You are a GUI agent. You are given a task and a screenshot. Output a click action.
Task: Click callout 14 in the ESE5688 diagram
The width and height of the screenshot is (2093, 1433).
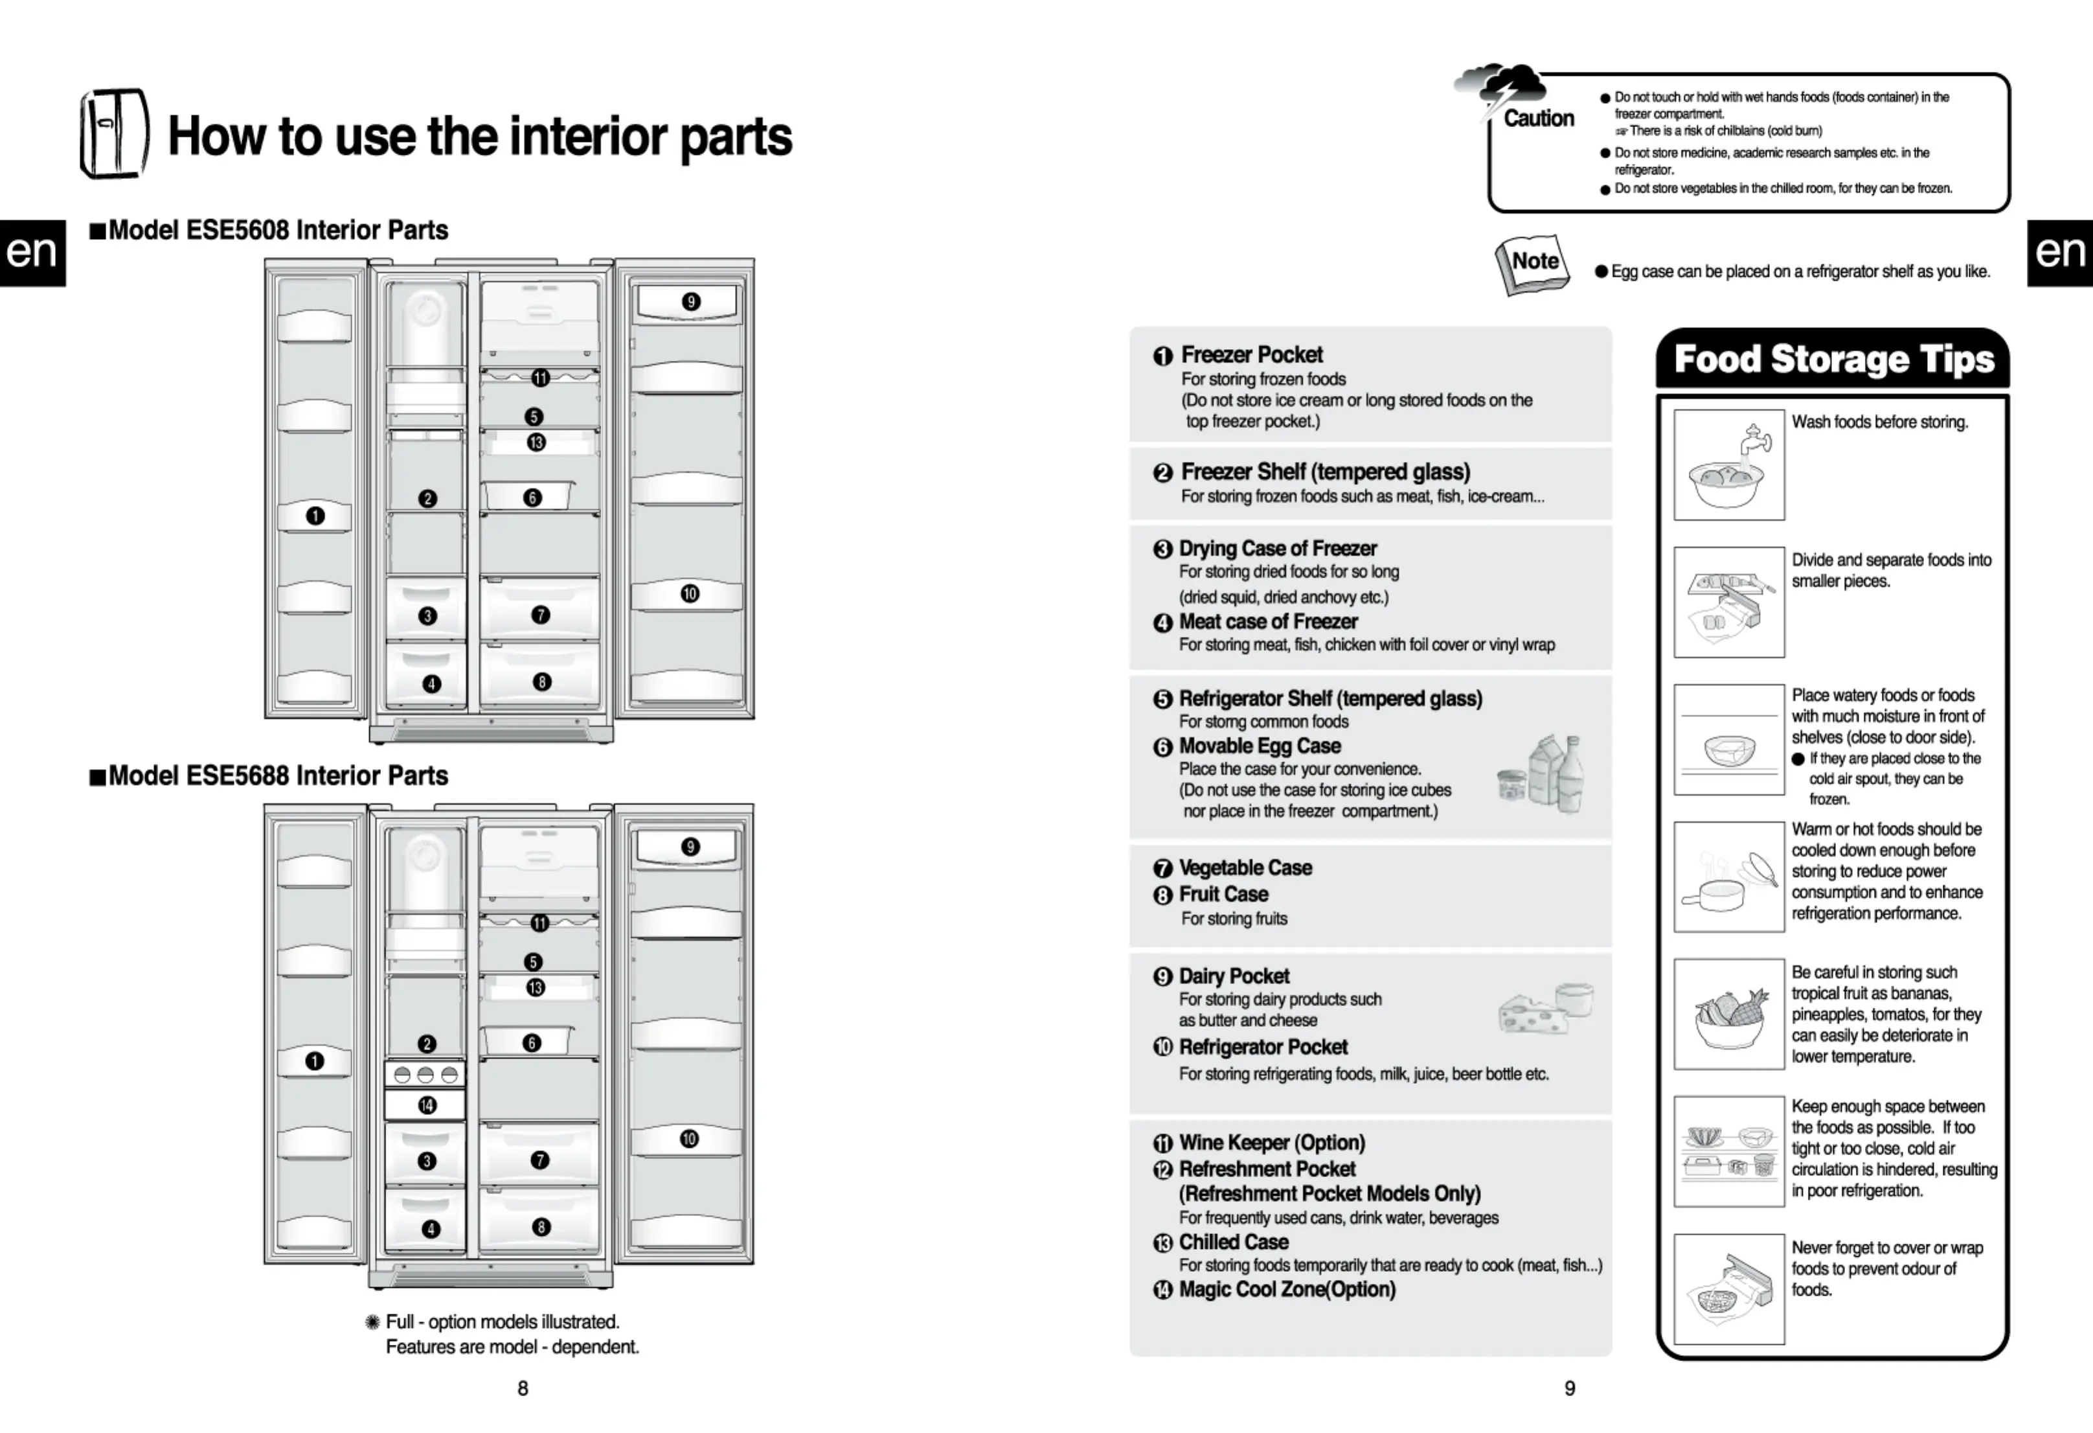(x=427, y=1105)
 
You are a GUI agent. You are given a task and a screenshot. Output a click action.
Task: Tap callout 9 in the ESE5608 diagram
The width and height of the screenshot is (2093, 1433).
(x=691, y=302)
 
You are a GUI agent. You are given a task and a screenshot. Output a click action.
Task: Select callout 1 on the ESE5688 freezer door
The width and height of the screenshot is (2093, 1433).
(x=314, y=1061)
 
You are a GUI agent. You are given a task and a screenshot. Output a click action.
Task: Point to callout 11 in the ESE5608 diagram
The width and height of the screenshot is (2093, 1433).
(x=540, y=378)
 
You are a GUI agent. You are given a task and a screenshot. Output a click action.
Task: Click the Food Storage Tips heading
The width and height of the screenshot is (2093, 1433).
(x=1833, y=360)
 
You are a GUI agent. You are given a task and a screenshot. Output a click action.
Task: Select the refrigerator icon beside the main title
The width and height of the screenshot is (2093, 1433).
(x=113, y=133)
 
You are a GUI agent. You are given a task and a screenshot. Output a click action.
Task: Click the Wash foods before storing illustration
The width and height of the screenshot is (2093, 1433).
(x=1728, y=464)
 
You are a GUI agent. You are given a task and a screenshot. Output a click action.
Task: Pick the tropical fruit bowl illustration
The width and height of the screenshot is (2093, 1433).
(x=1728, y=1015)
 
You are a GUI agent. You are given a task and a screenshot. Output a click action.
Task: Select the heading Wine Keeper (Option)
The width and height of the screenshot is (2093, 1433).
(x=1272, y=1143)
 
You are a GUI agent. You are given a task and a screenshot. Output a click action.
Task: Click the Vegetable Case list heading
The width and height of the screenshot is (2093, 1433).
(x=1245, y=868)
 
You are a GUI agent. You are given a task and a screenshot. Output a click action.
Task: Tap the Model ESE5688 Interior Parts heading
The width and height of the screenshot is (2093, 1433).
(x=277, y=775)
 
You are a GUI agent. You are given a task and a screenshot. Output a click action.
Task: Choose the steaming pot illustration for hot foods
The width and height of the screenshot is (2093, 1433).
(x=1728, y=877)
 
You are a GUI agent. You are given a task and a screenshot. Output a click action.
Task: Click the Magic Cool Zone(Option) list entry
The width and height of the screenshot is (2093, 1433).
(x=1287, y=1290)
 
